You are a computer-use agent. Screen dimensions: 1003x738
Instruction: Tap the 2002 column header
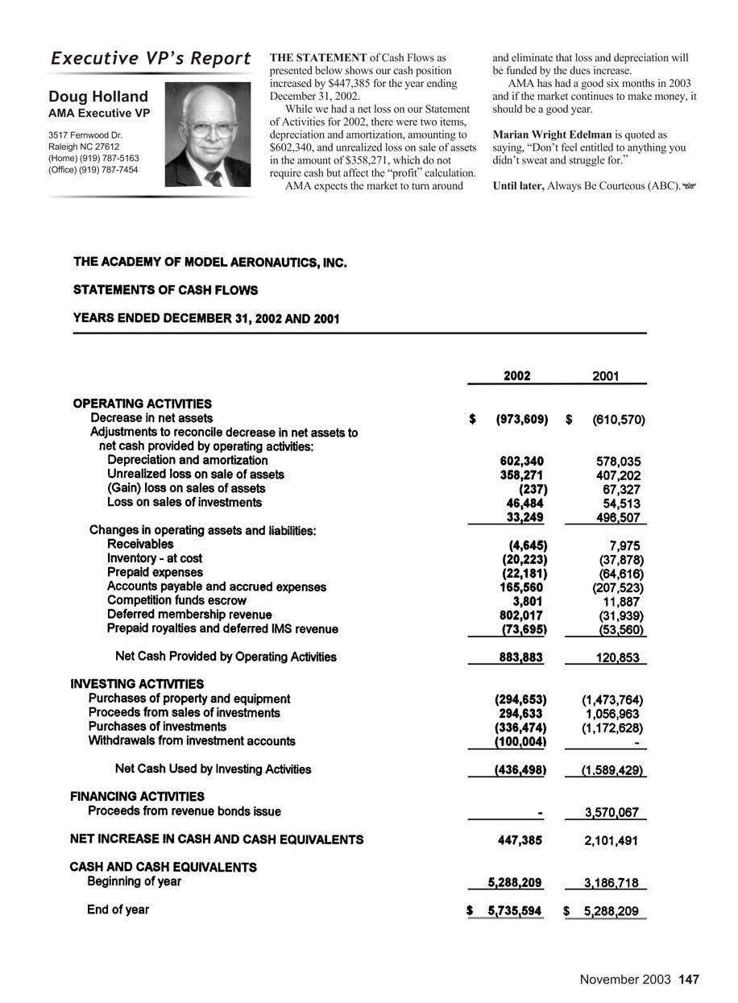coord(516,375)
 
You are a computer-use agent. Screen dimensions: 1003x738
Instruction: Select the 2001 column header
coord(605,375)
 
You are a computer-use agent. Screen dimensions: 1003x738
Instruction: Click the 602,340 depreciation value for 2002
coord(521,461)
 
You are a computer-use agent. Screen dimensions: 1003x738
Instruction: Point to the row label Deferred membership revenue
coord(189,615)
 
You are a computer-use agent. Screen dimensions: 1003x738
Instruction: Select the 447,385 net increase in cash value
coord(521,840)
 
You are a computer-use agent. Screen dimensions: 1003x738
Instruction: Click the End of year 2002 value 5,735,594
coord(510,911)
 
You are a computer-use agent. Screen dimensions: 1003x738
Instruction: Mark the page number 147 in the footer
coord(689,980)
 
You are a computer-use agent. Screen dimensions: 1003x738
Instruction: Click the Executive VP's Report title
coord(151,59)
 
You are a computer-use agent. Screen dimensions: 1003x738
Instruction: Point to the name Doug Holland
coord(98,97)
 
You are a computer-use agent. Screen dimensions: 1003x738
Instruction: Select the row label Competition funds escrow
coord(176,600)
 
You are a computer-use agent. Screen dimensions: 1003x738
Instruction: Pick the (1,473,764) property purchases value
coord(612,699)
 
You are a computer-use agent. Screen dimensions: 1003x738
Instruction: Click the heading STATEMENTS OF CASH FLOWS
coord(165,290)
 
